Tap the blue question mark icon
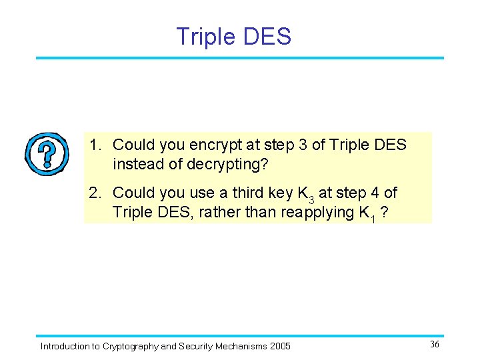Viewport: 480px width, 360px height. [47, 154]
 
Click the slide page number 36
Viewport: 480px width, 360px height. [434, 345]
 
